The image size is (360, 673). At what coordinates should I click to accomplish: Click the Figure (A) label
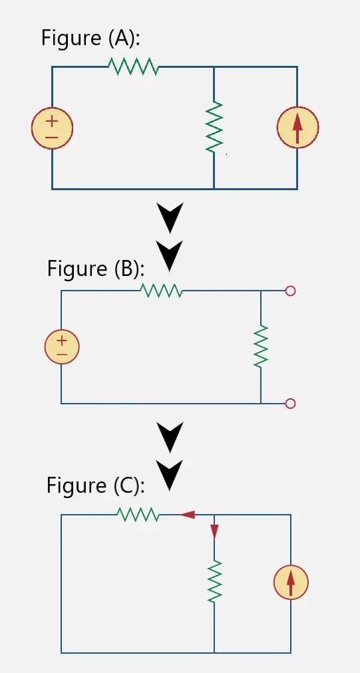[90, 38]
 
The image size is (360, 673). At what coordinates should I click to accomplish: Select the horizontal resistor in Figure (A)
[133, 67]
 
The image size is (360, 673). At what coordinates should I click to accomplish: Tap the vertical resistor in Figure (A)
[214, 126]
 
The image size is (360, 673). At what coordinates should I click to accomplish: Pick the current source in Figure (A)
[297, 126]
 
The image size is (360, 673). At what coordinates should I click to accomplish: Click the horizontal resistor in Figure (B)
[162, 291]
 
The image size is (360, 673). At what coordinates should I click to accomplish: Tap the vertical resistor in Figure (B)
[261, 346]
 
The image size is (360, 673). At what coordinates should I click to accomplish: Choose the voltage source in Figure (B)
[62, 347]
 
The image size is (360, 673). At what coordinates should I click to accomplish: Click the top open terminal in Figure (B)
[289, 291]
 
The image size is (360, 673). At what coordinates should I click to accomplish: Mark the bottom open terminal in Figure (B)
[289, 403]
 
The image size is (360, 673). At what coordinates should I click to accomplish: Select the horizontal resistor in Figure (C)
[138, 514]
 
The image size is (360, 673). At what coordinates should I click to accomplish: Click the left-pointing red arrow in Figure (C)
[187, 514]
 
